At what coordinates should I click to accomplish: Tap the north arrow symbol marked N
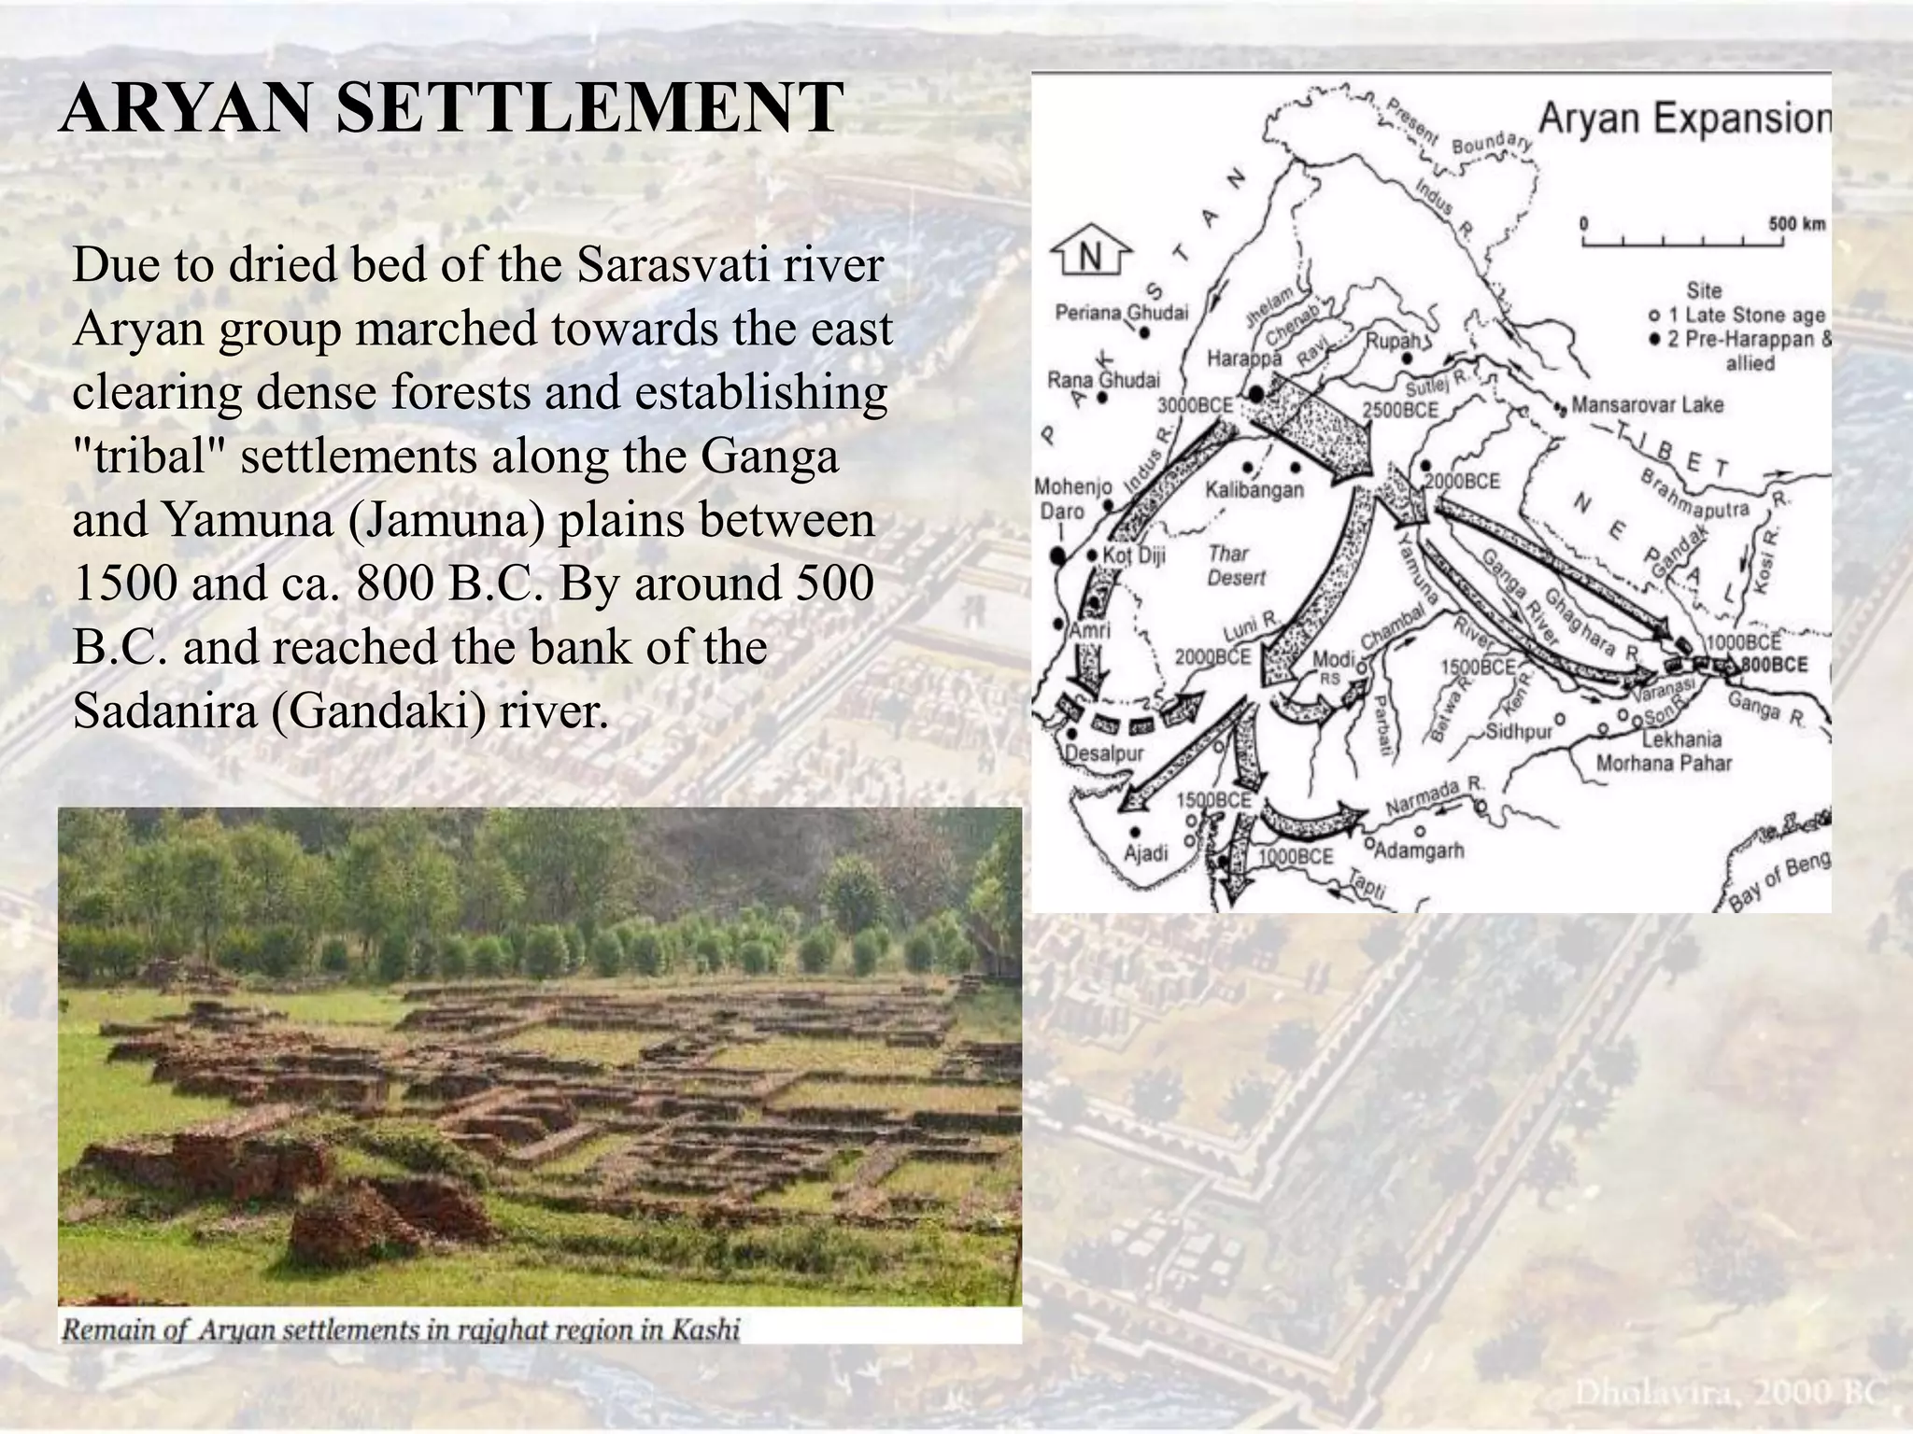pos(1090,254)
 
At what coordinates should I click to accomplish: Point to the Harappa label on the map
pos(1244,358)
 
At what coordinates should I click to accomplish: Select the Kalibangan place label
pos(1254,489)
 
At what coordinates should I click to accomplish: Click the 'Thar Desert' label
pos(1235,565)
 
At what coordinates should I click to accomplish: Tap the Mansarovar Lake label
pos(1647,405)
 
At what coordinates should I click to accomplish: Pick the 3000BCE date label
pos(1195,406)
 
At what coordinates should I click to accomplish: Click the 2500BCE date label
pos(1399,410)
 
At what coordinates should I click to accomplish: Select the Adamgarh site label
pos(1421,851)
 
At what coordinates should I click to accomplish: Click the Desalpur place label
pos(1104,752)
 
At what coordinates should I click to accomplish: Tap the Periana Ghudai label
pos(1121,312)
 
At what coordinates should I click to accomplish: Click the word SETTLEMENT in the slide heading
pos(588,109)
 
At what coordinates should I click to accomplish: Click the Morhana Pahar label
pos(1664,764)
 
